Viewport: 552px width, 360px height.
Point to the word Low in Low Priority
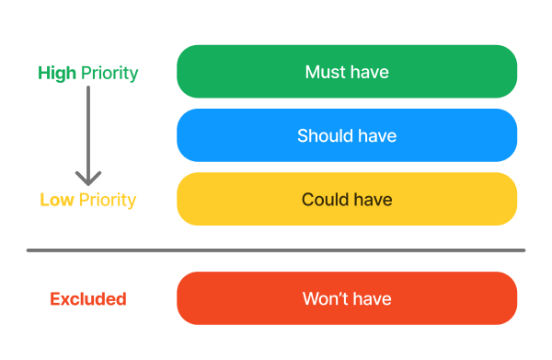(55, 200)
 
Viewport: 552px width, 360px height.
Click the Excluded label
(87, 299)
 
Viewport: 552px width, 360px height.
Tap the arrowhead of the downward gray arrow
(88, 177)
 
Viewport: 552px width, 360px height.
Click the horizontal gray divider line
(276, 250)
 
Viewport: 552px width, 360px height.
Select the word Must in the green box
(325, 72)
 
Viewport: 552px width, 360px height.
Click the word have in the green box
(370, 72)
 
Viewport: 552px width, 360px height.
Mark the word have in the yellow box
(372, 200)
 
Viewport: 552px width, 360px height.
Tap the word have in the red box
(372, 299)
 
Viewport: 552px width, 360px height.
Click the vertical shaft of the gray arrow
(88, 129)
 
